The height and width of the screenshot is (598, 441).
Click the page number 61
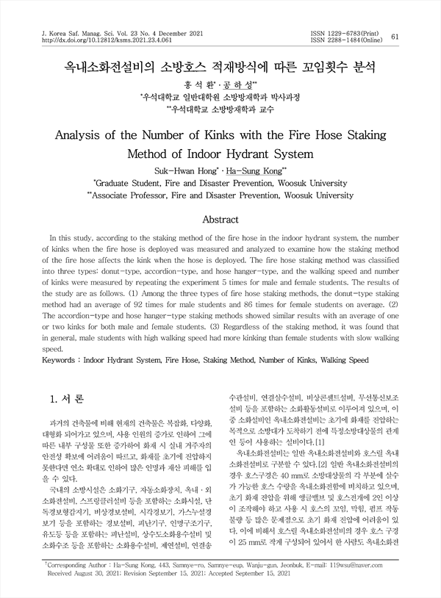tap(395, 37)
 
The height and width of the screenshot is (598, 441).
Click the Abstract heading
tap(220, 220)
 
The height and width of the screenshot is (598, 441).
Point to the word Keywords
tap(61, 361)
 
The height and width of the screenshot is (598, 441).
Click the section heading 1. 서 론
tap(65, 400)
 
